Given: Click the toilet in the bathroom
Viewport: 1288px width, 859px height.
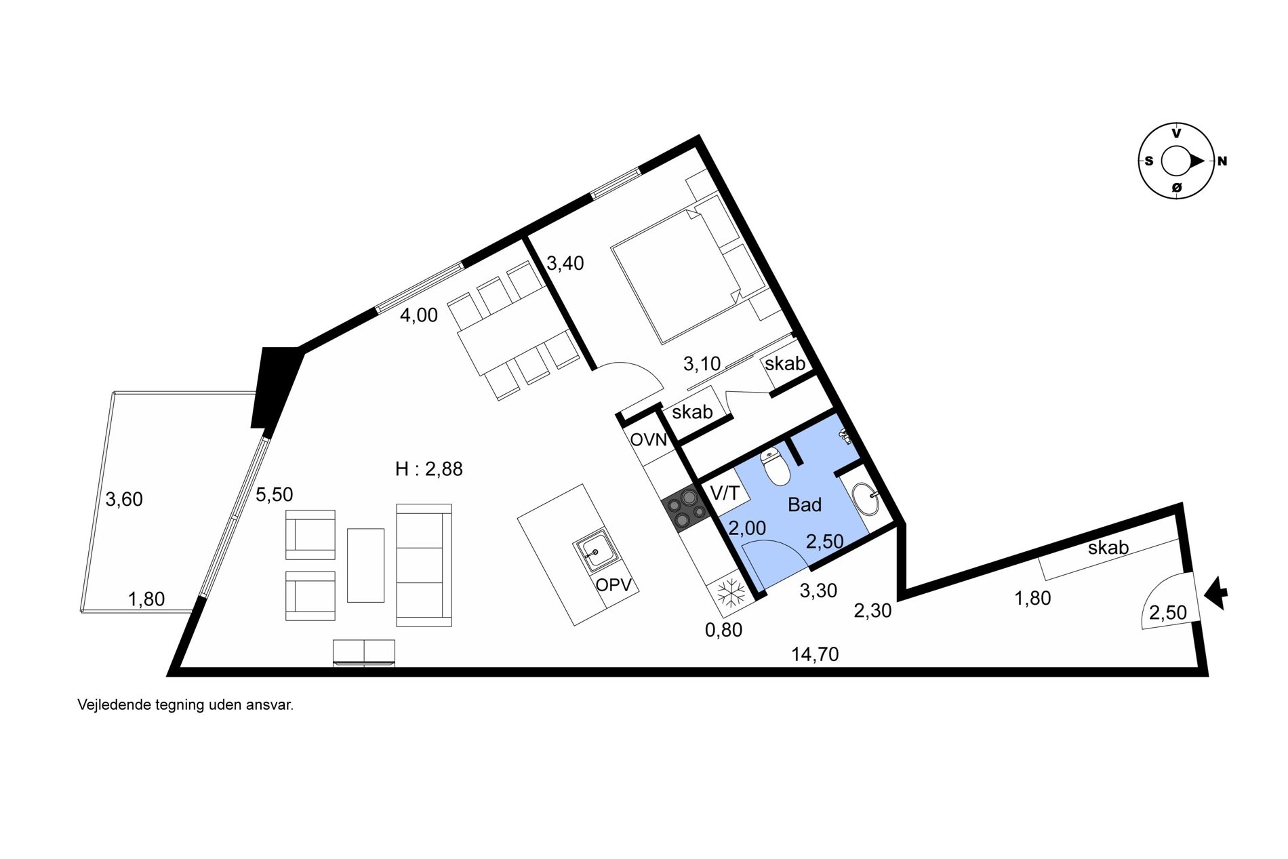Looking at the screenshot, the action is (774, 466).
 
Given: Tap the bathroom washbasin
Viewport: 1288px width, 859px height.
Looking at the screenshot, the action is (865, 500).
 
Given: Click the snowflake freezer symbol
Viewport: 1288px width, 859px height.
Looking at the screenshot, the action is (731, 595).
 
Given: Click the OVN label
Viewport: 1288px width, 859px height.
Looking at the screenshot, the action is (649, 440).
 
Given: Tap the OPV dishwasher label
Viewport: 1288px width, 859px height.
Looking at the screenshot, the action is (613, 584).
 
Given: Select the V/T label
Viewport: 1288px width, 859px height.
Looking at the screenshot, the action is (725, 493).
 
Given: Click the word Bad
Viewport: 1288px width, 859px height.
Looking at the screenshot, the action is (805, 504).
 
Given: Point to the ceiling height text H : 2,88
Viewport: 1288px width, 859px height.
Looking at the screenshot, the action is (429, 469).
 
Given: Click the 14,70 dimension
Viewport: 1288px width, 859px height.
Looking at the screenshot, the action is (815, 654).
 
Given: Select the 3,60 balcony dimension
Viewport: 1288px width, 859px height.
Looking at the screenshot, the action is (124, 500).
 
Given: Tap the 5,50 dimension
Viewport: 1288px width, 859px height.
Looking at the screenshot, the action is (275, 495).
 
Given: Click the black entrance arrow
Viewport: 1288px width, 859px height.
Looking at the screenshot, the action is (1216, 593).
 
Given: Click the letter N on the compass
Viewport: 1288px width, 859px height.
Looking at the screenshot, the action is (1222, 161).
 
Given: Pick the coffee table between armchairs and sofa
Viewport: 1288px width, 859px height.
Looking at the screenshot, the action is (366, 565).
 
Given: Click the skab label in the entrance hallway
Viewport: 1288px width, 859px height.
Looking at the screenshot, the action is (1108, 547).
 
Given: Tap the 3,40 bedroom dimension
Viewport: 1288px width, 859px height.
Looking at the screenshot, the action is (565, 263).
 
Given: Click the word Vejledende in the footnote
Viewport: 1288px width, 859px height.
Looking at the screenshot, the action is (114, 705).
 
